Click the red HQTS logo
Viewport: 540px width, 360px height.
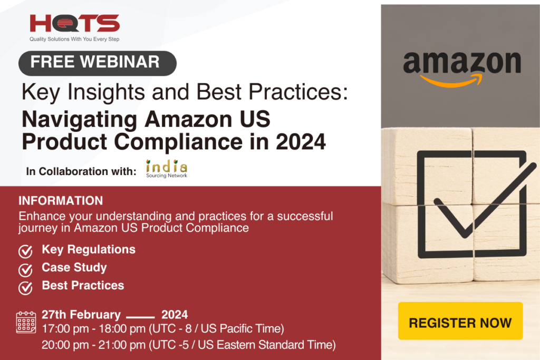[75, 23]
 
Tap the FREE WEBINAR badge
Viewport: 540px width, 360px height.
[97, 62]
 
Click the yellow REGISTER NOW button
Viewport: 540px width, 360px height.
[460, 322]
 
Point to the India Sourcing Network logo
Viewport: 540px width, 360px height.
[167, 169]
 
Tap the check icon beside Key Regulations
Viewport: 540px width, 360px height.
[25, 251]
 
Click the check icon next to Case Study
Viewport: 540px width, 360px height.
[25, 269]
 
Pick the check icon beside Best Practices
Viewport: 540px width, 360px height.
[25, 287]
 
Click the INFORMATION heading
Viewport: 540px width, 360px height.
[61, 201]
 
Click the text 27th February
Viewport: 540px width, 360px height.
[81, 315]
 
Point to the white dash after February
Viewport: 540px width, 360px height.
[140, 317]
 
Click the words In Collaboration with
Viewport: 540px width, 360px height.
[81, 171]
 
